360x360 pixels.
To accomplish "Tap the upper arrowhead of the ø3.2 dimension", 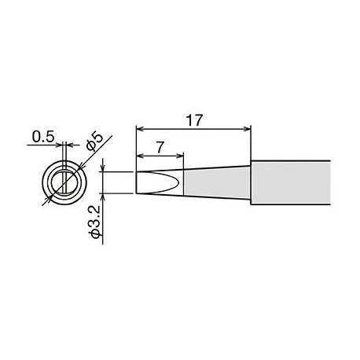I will pyautogui.click(x=105, y=168).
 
